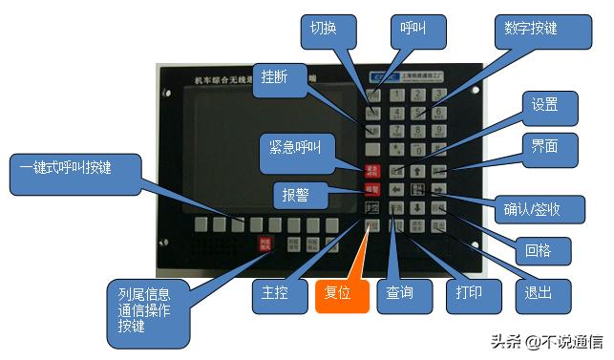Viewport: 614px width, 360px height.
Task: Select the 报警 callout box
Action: [294, 193]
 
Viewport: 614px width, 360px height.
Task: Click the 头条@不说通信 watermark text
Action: [548, 342]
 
